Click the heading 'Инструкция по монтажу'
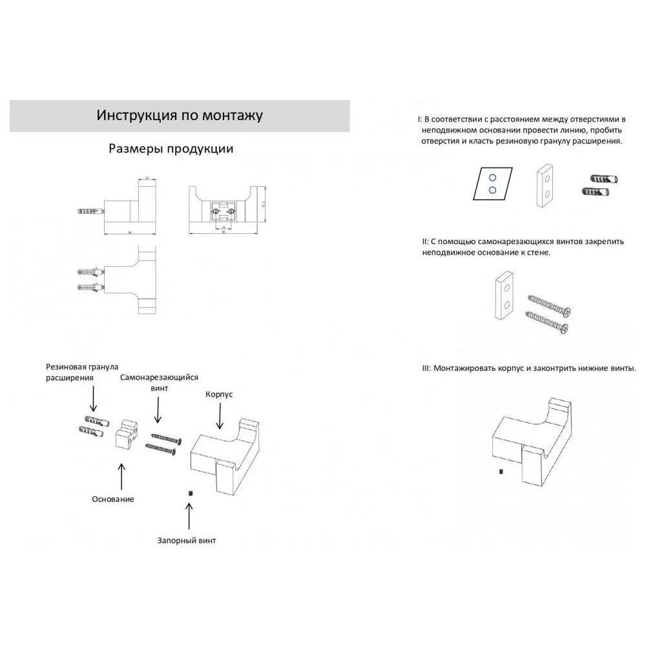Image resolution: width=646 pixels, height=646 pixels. coord(180,116)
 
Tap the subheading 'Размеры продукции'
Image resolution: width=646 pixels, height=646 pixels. coord(171,149)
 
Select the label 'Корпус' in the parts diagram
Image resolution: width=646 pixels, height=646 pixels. coord(219,394)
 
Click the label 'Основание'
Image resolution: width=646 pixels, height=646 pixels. coord(113,499)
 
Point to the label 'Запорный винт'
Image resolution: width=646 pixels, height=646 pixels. coord(187,541)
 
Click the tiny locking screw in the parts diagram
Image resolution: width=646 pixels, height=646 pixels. coord(191,493)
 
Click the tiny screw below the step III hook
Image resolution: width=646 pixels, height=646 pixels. coord(501,472)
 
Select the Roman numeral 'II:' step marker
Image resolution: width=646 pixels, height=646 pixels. coord(425,242)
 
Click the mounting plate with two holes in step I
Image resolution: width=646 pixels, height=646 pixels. coord(545,185)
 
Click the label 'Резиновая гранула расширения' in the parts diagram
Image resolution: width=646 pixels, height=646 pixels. coord(82,372)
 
